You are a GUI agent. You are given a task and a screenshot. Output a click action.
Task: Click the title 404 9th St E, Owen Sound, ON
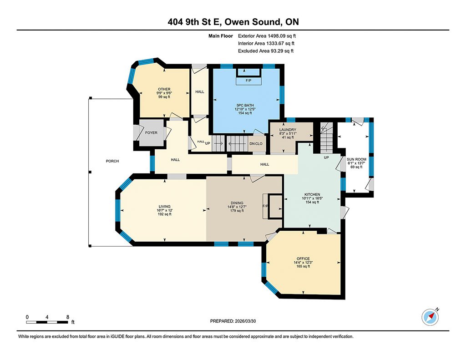pos(233,22)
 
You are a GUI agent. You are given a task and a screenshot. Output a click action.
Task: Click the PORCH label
pos(112,161)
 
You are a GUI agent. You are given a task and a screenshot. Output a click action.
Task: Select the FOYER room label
pos(151,133)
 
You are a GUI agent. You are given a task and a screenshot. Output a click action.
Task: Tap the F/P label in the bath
pos(248,81)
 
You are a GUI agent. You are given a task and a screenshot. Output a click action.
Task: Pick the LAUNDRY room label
pos(288,130)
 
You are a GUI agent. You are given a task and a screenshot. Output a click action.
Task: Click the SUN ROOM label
pos(356,159)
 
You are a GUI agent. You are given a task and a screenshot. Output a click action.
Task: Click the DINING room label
pos(237,203)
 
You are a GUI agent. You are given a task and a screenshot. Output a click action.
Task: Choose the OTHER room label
pos(164,89)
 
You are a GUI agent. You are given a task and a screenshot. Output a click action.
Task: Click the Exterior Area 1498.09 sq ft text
pos(270,35)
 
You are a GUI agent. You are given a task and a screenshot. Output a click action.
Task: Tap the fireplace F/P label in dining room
pos(265,206)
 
